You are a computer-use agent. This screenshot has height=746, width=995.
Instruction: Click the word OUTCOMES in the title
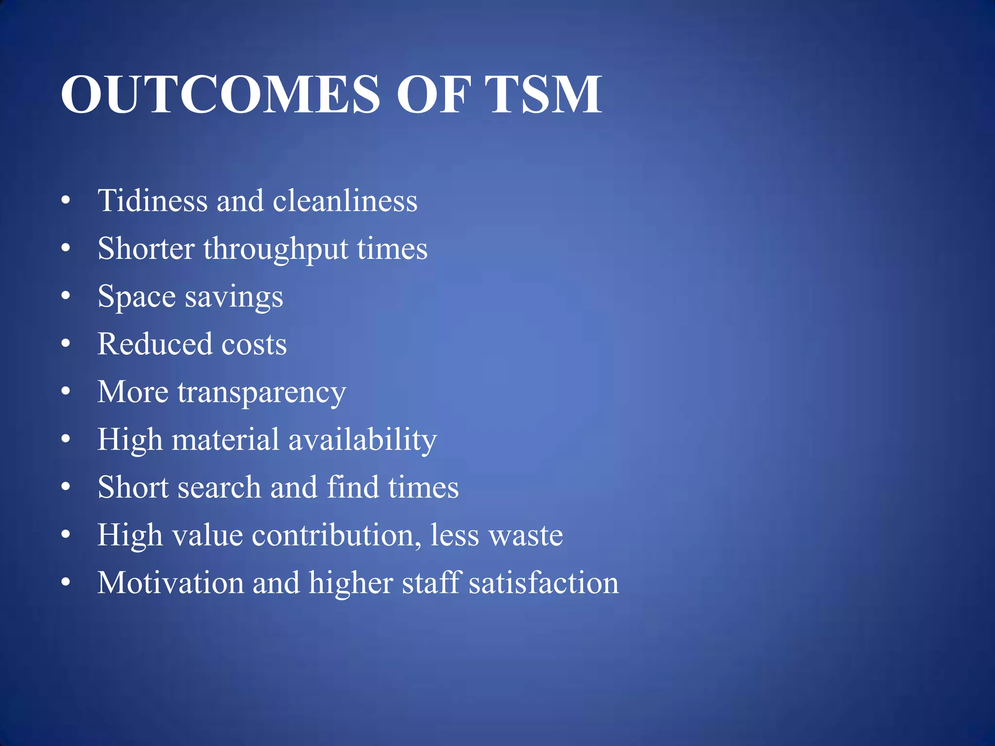220,94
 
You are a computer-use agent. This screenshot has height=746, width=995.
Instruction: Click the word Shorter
146,249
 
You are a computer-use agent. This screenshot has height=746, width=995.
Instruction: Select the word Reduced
155,344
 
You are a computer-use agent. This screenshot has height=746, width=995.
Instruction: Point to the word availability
362,440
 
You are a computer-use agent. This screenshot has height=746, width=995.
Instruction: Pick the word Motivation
171,582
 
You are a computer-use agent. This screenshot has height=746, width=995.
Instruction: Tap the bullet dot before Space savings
66,296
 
